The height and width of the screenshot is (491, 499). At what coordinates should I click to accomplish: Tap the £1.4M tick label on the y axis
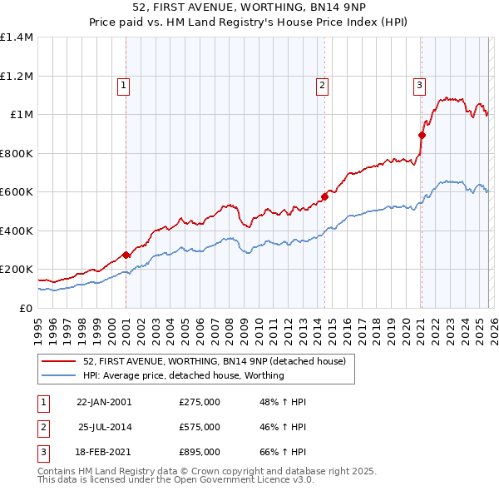point(17,37)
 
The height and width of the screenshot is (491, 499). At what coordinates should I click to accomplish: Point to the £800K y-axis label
point(17,153)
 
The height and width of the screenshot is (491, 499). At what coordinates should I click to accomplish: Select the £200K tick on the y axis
point(17,270)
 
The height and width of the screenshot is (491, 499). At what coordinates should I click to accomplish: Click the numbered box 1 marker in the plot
point(124,84)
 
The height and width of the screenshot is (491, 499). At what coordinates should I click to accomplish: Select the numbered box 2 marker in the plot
point(322,84)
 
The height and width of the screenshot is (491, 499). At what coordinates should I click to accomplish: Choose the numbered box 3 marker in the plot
point(419,84)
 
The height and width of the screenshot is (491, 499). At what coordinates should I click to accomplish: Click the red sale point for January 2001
point(126,255)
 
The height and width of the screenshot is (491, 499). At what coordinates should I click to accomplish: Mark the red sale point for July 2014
point(324,197)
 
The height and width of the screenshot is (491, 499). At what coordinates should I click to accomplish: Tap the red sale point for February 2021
point(422,135)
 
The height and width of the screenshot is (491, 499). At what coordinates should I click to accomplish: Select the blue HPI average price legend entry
point(183,375)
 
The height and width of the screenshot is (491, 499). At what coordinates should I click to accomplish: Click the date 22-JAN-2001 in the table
point(104,402)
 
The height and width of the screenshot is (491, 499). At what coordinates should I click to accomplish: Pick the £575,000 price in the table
point(200,427)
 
